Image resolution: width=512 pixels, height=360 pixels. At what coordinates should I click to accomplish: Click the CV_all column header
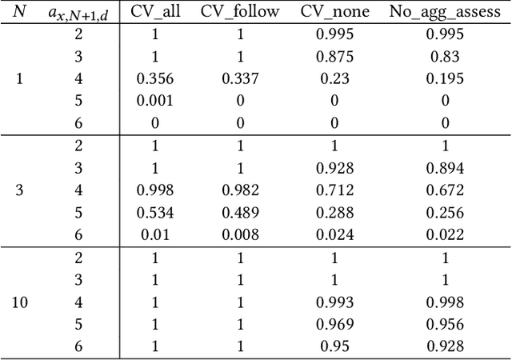(155, 11)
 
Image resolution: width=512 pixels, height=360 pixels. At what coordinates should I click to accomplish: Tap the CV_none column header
(334, 11)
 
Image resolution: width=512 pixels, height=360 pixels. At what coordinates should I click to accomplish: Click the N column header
(20, 11)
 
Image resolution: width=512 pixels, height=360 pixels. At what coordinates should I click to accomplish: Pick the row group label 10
(20, 304)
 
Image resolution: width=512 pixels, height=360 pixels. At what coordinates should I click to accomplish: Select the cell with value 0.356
(155, 78)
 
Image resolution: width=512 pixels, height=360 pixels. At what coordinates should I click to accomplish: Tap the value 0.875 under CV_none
(334, 57)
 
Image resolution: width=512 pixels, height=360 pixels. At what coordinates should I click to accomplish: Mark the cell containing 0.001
(155, 101)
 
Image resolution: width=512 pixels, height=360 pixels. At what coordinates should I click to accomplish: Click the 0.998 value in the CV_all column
(155, 191)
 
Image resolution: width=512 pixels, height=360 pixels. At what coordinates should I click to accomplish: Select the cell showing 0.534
(155, 214)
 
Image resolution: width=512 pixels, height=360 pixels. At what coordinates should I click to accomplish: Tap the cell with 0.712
(334, 191)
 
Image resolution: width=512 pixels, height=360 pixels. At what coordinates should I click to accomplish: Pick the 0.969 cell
(334, 326)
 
